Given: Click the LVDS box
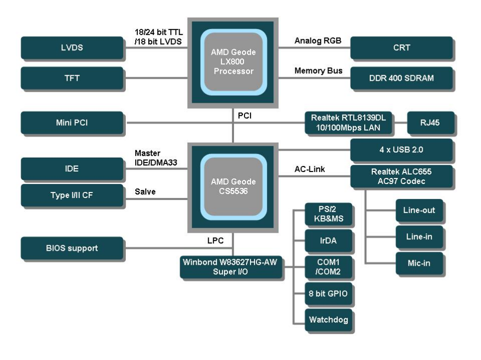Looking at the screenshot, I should (72, 48).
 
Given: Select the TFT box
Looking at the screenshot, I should (72, 78).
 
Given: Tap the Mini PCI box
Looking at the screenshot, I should (72, 122).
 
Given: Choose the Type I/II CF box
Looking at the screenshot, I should (72, 194).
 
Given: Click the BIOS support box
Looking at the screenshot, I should (72, 248).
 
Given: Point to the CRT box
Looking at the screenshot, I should (402, 48).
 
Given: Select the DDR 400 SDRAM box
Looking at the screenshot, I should (402, 78).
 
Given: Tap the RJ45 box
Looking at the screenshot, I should (430, 122).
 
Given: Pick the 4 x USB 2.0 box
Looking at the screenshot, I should (402, 150).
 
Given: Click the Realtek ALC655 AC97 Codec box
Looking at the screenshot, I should (402, 177).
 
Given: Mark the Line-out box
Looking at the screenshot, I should (419, 210).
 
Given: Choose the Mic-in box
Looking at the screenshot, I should (419, 263).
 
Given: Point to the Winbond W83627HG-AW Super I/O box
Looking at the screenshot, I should (231, 267).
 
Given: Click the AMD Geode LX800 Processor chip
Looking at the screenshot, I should (233, 62).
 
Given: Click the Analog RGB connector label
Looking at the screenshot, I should (318, 41).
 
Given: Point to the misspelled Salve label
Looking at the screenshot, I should (145, 192).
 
